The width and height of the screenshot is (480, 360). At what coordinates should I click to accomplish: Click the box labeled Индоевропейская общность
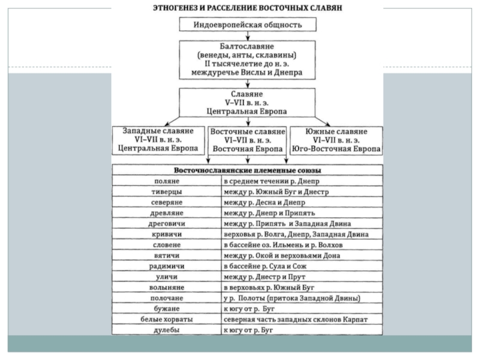coord(248,25)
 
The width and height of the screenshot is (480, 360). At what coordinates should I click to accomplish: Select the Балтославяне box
coord(247,59)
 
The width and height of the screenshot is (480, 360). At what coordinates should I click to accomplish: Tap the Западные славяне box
coord(158,140)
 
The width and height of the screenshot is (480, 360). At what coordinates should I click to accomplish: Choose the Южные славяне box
coord(336,140)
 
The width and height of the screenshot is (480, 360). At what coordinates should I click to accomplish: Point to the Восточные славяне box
coord(247,140)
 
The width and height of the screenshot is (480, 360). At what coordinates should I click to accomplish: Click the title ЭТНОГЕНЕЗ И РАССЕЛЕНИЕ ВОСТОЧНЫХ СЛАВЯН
coord(247,7)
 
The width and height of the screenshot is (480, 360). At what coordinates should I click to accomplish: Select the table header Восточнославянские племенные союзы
coord(247,170)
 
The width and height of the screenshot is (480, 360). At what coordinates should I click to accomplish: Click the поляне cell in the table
coord(167,181)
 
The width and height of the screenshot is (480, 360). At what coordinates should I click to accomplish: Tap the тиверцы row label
coord(167,191)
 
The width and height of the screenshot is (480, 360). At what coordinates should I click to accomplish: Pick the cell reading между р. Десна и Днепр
coord(302,202)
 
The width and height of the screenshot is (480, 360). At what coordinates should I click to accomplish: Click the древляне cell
coord(167,213)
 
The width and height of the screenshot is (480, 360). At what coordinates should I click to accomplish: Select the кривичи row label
coord(167,234)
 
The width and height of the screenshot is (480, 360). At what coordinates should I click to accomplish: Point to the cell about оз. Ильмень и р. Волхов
coord(302,245)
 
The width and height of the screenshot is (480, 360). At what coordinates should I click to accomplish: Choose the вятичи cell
coord(167,256)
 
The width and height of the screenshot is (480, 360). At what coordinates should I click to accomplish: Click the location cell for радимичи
coord(302,266)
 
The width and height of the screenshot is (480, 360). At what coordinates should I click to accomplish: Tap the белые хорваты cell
coord(167,319)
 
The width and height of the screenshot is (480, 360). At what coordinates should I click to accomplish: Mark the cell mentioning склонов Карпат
coord(302,319)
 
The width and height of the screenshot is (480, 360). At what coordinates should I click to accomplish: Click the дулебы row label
coord(167,330)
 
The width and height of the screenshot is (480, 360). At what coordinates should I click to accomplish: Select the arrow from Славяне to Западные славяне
coord(172,121)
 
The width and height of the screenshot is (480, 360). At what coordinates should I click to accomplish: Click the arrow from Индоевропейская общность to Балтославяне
coord(248,36)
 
